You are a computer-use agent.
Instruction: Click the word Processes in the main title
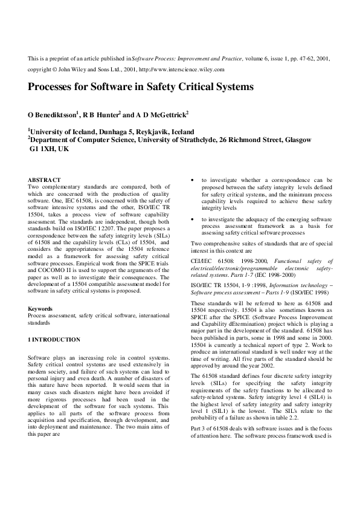pos(53,86)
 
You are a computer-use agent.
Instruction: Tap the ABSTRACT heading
pos(45,180)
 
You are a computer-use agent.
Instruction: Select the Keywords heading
pos(42,309)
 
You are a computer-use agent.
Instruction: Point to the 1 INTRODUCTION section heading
pos(54,340)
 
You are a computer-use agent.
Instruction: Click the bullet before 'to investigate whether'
pos(192,180)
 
